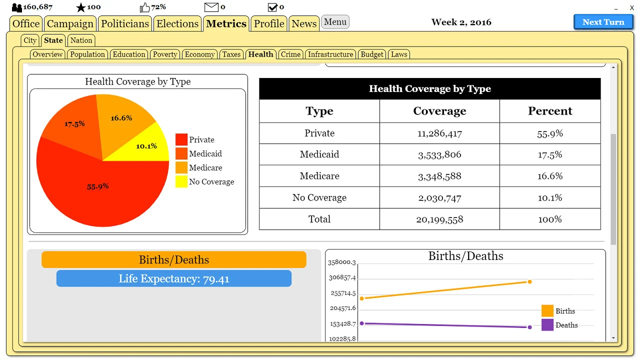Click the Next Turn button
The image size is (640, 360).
click(x=603, y=22)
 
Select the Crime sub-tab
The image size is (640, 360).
click(x=290, y=54)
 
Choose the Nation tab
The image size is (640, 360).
click(x=81, y=40)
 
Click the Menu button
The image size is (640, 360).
click(x=335, y=22)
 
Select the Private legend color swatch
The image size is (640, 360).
click(x=181, y=139)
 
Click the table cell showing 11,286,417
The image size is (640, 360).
click(x=439, y=133)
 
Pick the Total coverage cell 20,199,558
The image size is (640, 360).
click(x=439, y=219)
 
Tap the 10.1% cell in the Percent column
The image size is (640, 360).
click(x=550, y=197)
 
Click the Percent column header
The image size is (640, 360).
click(x=550, y=111)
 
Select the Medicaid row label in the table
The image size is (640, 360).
click(x=319, y=154)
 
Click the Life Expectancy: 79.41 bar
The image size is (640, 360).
click(x=173, y=278)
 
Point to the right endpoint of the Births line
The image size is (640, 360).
click(x=529, y=281)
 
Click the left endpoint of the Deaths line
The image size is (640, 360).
click(x=361, y=323)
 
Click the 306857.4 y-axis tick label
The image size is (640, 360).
click(x=342, y=277)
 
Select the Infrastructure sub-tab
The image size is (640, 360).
click(x=330, y=54)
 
